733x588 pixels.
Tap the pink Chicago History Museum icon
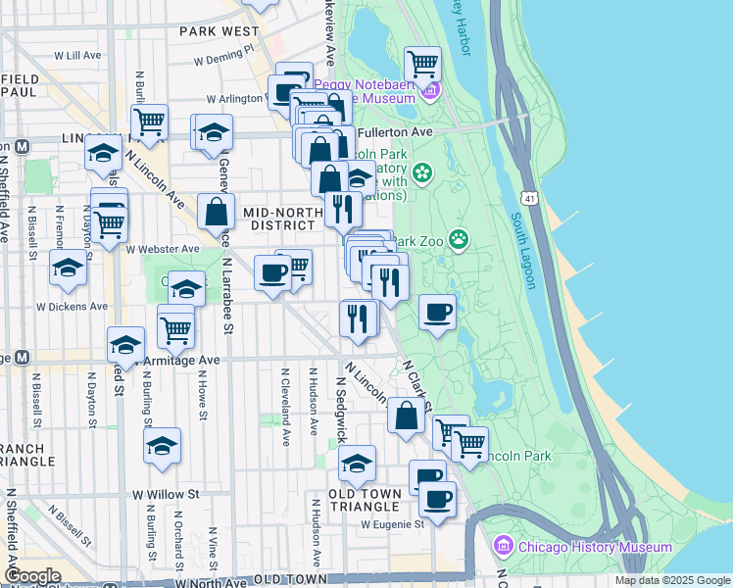(504, 546)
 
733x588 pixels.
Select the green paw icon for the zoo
(459, 238)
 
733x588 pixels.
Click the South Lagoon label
(522, 251)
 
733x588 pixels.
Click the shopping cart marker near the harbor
(422, 65)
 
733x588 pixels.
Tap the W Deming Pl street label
(223, 54)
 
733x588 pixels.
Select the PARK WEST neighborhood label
(220, 31)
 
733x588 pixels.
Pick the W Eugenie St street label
(392, 524)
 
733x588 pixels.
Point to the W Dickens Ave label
(73, 307)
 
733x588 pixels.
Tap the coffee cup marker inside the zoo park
(438, 314)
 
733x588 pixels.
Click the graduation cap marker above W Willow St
(163, 447)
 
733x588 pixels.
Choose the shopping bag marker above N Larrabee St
(216, 211)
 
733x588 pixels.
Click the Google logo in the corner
(32, 576)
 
